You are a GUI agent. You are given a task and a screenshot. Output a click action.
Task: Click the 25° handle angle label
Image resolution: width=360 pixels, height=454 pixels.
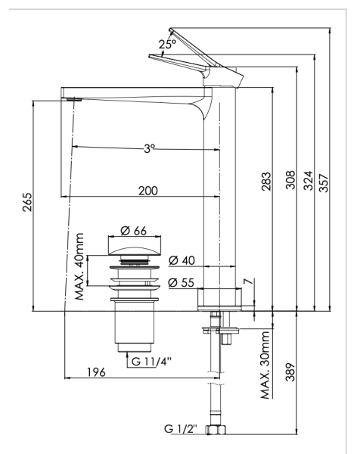pyautogui.click(x=166, y=45)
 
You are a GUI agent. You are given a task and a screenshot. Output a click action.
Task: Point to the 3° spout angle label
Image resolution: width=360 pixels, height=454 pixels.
pyautogui.click(x=151, y=148)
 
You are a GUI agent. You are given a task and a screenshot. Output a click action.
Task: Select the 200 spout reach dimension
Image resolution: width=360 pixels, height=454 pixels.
pyautogui.click(x=148, y=191)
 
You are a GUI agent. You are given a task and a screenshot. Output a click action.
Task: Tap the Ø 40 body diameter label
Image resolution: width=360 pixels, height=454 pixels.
pyautogui.click(x=182, y=260)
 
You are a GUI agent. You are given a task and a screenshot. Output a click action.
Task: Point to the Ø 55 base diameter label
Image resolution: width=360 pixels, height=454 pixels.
pyautogui.click(x=182, y=282)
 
